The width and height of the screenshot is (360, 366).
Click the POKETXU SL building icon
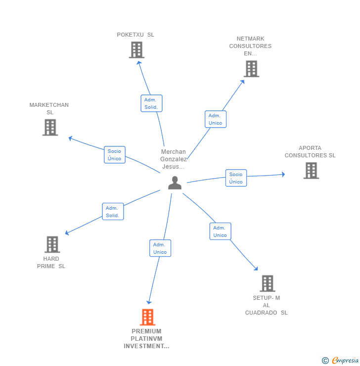click(x=136, y=50)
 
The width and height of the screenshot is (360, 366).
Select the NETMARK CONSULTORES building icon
click(x=252, y=69)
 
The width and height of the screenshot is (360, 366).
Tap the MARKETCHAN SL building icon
click(x=50, y=127)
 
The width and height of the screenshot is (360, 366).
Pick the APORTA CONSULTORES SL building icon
click(x=311, y=171)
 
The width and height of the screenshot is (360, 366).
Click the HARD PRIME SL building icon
click(x=52, y=244)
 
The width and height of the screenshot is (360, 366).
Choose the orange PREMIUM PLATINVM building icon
click(x=147, y=317)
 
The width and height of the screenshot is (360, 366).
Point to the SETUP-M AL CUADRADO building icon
click(x=268, y=283)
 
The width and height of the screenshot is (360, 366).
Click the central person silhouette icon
click(x=175, y=183)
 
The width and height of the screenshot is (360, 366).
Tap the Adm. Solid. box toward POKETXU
click(x=151, y=103)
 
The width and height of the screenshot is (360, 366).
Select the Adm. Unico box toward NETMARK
click(x=216, y=119)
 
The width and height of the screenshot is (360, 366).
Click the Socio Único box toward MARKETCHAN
click(x=115, y=154)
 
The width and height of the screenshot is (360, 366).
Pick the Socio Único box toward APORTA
click(x=236, y=178)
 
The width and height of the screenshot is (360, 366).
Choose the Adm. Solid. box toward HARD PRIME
click(x=113, y=212)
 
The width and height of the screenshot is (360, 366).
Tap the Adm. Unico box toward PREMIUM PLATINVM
click(x=160, y=248)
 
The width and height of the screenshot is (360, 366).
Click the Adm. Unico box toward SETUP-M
click(x=220, y=231)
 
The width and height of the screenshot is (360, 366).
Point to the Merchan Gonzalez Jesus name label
click(x=174, y=159)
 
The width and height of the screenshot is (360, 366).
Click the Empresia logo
click(x=341, y=360)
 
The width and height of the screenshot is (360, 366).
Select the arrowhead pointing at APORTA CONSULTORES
click(x=283, y=175)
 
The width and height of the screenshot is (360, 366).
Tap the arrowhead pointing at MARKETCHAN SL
click(x=70, y=138)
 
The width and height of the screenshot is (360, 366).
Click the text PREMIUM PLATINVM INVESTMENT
click(x=146, y=338)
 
